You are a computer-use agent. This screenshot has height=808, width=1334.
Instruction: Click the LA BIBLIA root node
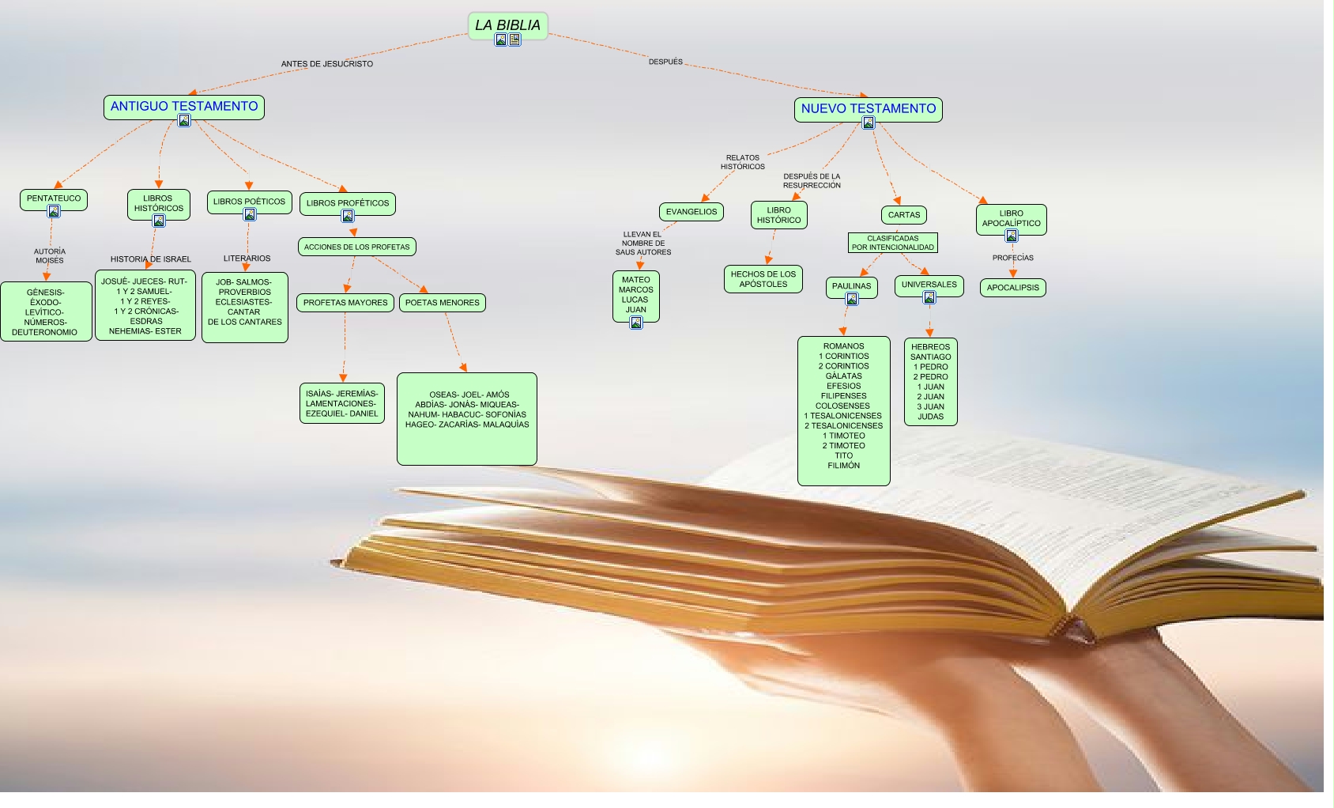(507, 25)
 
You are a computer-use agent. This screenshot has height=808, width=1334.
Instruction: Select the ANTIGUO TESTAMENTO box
(183, 106)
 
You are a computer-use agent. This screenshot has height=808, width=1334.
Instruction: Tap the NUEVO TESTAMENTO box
(868, 108)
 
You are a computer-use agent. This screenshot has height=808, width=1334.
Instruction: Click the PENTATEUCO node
(54, 198)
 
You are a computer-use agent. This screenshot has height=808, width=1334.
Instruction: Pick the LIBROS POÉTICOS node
(249, 202)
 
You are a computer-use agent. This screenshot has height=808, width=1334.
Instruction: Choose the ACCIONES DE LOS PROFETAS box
(357, 247)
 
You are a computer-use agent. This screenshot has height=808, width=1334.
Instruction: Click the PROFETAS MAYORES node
(345, 303)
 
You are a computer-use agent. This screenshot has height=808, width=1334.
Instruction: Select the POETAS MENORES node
(443, 303)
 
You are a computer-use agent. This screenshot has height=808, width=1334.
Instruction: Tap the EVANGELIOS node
(691, 212)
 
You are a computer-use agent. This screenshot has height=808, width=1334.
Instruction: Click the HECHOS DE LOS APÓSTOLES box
(763, 279)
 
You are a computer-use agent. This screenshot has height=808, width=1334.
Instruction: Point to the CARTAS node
(904, 215)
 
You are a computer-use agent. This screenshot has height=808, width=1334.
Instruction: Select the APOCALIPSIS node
(1013, 288)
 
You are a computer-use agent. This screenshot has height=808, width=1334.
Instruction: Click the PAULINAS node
(851, 286)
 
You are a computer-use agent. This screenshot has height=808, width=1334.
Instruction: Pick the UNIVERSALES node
(929, 285)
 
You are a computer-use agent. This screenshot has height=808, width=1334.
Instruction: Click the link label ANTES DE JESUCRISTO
(327, 64)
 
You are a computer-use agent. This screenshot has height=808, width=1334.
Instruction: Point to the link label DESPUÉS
(665, 62)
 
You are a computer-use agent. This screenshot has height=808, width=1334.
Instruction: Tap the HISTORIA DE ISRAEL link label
(151, 259)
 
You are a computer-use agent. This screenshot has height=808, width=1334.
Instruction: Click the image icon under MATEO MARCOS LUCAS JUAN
(636, 323)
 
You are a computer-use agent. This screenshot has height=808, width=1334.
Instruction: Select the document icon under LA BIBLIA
(515, 40)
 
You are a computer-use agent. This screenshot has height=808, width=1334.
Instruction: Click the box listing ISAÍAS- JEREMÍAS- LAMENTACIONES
(342, 403)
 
